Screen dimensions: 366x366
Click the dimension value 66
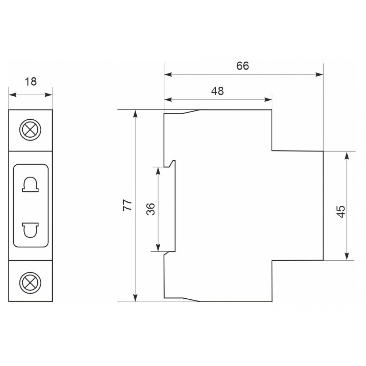pyautogui.click(x=243, y=66)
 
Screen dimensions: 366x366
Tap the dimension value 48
pyautogui.click(x=217, y=91)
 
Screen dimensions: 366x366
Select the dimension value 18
pyautogui.click(x=31, y=82)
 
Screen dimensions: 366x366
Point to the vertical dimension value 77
pyautogui.click(x=127, y=205)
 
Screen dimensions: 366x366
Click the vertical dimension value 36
pyautogui.click(x=151, y=209)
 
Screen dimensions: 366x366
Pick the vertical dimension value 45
pyautogui.click(x=341, y=212)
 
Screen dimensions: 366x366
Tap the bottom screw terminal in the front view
pyautogui.click(x=30, y=283)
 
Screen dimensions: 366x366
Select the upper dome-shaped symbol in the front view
pyautogui.click(x=30, y=184)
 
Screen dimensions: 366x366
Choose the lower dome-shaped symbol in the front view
pyautogui.click(x=30, y=230)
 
